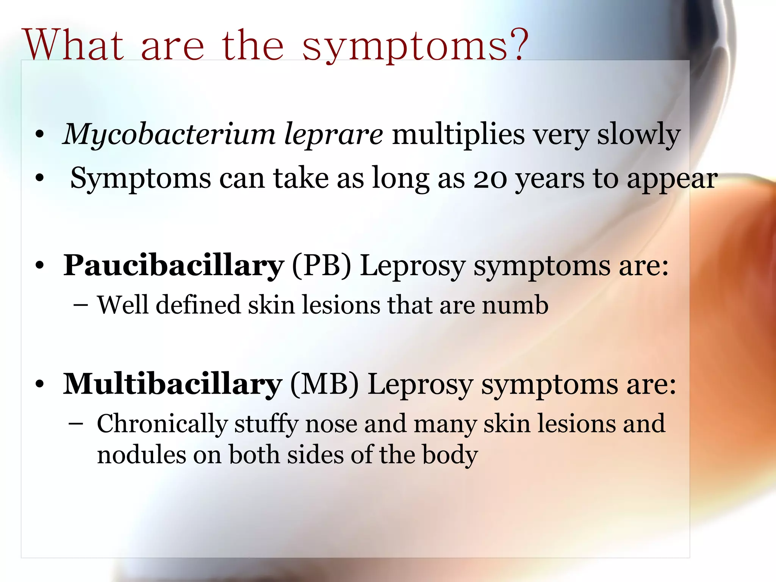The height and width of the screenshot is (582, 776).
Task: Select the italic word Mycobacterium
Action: (x=169, y=134)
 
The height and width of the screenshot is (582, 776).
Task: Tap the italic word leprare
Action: (x=333, y=135)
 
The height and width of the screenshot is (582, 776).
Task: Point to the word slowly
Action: (x=639, y=135)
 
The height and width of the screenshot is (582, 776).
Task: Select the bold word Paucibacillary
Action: (x=173, y=266)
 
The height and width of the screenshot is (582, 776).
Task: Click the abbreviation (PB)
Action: (x=322, y=266)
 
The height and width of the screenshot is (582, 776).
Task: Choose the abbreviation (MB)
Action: (x=324, y=385)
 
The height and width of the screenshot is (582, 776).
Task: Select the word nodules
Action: (x=141, y=455)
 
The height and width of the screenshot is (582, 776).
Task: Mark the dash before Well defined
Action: (x=81, y=305)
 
